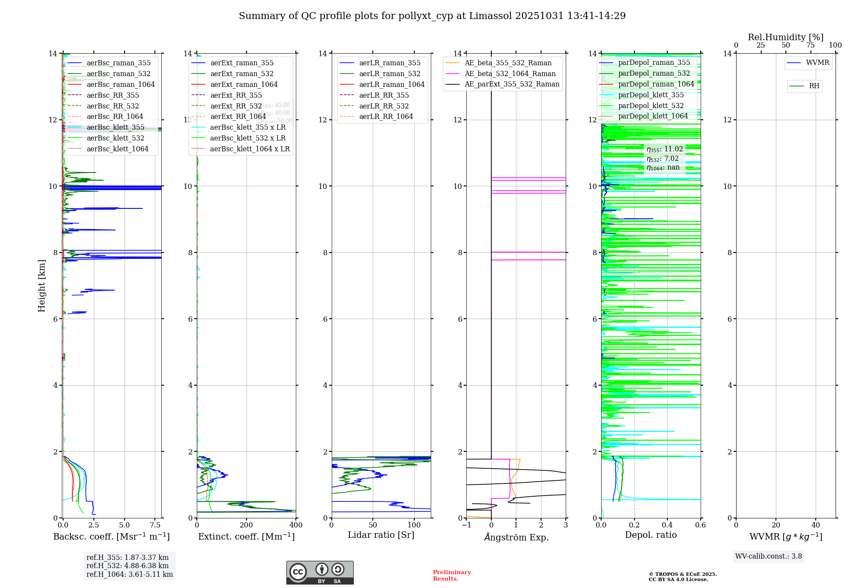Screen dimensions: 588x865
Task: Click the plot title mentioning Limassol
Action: point(432,16)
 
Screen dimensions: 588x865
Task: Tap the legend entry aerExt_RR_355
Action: point(236,95)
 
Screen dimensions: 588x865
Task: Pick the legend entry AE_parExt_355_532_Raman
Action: point(512,84)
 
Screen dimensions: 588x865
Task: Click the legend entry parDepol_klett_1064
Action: point(653,116)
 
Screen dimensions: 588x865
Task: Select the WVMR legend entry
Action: point(817,63)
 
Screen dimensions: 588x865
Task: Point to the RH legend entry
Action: point(814,86)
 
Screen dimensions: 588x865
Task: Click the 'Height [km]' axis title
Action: point(42,286)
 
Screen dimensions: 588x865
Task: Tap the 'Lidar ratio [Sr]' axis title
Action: point(381,535)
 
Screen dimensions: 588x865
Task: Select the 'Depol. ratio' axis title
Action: point(650,535)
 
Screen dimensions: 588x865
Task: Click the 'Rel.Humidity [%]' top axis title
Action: point(785,37)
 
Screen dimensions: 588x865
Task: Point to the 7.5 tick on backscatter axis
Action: point(155,525)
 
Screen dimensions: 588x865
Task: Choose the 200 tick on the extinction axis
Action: point(247,525)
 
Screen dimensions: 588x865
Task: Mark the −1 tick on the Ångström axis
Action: point(466,525)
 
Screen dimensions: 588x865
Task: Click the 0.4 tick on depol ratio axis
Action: point(667,525)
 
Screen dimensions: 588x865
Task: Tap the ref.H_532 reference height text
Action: point(128,566)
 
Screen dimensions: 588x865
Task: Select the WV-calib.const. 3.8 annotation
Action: point(769,556)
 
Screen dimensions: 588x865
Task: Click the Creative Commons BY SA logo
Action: point(320,573)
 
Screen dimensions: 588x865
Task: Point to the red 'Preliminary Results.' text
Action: point(452,575)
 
